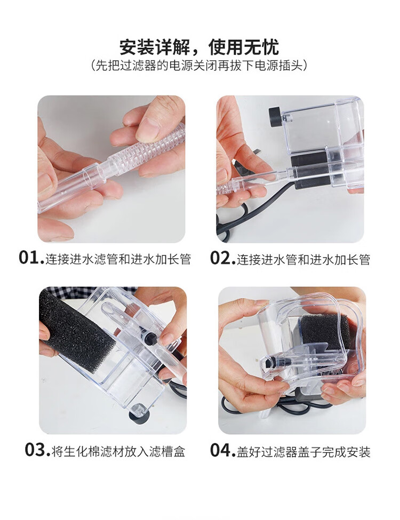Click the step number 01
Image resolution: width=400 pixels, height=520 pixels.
(31, 258)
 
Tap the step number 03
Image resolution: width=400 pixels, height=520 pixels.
(37, 450)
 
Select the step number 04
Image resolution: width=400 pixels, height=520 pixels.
(222, 450)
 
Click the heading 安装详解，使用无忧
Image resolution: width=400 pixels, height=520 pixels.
(199, 47)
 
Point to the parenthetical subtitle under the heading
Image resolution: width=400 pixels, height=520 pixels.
(199, 65)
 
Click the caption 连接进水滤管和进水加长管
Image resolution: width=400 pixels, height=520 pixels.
(118, 259)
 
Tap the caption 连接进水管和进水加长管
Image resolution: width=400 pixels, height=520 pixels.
(303, 259)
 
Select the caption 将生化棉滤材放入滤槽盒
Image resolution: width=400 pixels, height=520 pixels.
(118, 451)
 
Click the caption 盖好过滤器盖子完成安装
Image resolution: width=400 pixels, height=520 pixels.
(303, 451)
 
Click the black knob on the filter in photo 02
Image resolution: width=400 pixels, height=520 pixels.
(276, 117)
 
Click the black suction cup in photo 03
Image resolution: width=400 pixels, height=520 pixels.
(138, 414)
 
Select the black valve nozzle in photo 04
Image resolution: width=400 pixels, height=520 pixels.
(270, 361)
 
